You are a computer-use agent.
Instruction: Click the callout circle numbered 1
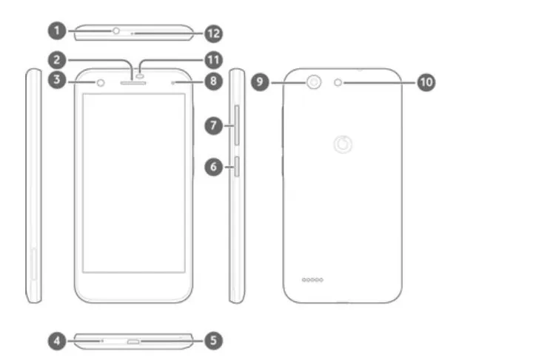[57, 30]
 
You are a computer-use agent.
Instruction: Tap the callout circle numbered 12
[213, 33]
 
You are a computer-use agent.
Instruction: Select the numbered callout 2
[57, 60]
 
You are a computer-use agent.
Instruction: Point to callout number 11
[213, 60]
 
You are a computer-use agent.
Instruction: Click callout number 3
[57, 80]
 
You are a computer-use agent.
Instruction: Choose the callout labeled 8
[213, 81]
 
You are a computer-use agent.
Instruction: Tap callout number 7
[213, 126]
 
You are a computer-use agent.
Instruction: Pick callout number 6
[213, 167]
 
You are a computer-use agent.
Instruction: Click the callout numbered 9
[260, 81]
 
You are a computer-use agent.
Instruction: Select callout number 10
[426, 82]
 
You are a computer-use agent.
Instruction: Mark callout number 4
[57, 341]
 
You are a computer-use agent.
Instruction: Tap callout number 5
[213, 340]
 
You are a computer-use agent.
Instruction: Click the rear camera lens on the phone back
[314, 82]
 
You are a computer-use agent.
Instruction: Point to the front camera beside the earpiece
[101, 82]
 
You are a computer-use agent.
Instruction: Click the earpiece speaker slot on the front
[133, 83]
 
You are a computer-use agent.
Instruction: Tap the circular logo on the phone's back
[343, 144]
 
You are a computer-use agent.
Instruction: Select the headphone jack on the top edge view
[116, 31]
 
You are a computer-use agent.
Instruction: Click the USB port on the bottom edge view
[133, 341]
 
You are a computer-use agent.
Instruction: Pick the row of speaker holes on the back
[312, 280]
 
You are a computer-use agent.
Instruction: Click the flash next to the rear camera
[338, 82]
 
